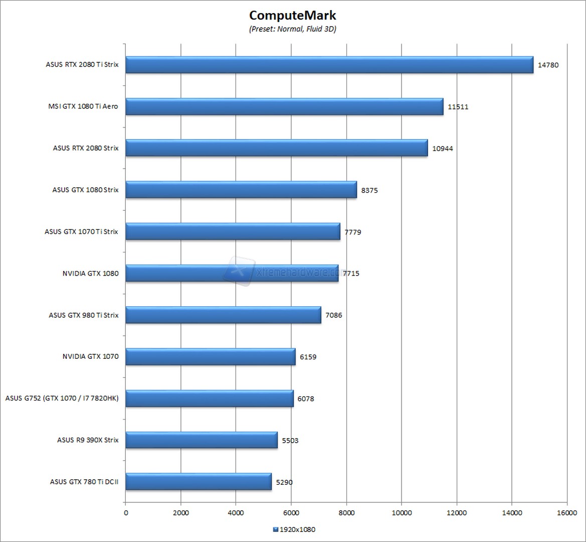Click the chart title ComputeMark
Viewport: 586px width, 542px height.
pyautogui.click(x=293, y=15)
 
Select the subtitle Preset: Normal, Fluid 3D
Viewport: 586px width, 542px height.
pyautogui.click(x=293, y=29)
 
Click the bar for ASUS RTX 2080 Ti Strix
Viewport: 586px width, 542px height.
pyautogui.click(x=329, y=65)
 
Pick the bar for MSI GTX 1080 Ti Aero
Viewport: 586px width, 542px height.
pyautogui.click(x=284, y=106)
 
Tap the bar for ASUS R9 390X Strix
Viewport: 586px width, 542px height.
pyautogui.click(x=201, y=440)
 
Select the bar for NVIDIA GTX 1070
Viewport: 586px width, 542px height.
pyautogui.click(x=210, y=357)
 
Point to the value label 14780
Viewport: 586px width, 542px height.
pyautogui.click(x=548, y=65)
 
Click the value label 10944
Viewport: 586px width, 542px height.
pyautogui.click(x=442, y=149)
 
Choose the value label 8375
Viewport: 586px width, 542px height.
pyautogui.click(x=370, y=190)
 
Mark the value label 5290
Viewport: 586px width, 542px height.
pyautogui.click(x=284, y=482)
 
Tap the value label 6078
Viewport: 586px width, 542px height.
pyautogui.click(x=306, y=399)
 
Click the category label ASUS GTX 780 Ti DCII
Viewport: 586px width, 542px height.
pyautogui.click(x=84, y=482)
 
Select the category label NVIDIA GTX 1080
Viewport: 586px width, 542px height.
pyautogui.click(x=90, y=274)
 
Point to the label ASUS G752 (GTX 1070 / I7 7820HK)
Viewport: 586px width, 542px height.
pyautogui.click(x=62, y=398)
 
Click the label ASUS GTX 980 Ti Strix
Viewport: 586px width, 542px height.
pyautogui.click(x=84, y=315)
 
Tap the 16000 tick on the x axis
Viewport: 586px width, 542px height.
pyautogui.click(x=566, y=512)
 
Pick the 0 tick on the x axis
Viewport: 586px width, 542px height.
pyautogui.click(x=125, y=512)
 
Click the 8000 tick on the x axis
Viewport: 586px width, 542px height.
pyautogui.click(x=346, y=512)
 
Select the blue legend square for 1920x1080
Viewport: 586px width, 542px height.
pyautogui.click(x=275, y=529)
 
